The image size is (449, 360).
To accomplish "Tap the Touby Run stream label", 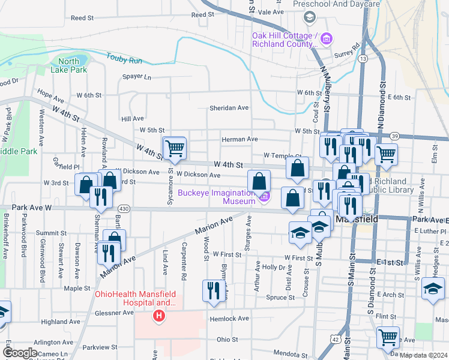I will point(124,59).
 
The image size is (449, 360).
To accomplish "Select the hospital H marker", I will point(159,315).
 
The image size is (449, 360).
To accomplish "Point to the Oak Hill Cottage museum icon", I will point(326,40).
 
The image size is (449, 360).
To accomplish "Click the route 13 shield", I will point(363,59).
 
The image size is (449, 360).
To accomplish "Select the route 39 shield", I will point(394,137).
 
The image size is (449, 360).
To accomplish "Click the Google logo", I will point(20,353).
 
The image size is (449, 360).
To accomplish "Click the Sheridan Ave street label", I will point(229,108).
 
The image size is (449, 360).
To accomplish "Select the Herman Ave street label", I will point(240,139).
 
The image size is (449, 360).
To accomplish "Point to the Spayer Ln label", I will point(137,77).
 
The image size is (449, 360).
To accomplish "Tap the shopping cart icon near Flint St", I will point(388,337).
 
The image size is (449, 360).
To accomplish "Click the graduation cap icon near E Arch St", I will point(433,289).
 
